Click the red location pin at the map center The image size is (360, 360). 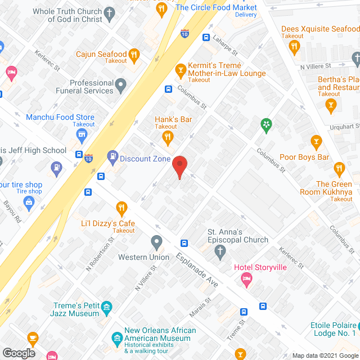(179, 166)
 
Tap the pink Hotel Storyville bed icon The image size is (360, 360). (246, 278)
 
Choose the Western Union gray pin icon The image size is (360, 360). (157, 243)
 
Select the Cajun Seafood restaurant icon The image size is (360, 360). (134, 55)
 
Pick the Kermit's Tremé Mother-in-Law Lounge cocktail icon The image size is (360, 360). (180, 70)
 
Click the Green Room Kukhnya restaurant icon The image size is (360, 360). (339, 168)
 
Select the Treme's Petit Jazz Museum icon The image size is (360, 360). (107, 307)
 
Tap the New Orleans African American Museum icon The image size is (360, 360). (116, 337)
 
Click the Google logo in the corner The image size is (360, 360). (18, 353)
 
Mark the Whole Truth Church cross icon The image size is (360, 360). (109, 11)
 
